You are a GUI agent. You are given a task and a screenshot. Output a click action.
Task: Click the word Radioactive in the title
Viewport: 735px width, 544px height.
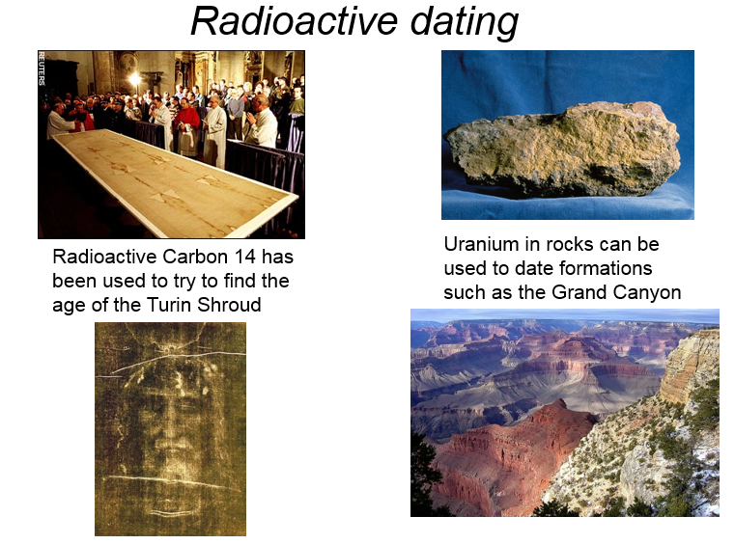[x=295, y=21]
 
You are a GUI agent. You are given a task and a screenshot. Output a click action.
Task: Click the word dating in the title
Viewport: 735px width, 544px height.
[x=464, y=23]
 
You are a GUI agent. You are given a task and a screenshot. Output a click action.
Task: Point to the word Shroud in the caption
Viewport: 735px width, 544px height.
[x=229, y=305]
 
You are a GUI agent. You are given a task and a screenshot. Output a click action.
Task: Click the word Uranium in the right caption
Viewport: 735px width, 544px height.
[x=474, y=244]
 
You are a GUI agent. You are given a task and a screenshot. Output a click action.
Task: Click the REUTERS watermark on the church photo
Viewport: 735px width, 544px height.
[x=42, y=68]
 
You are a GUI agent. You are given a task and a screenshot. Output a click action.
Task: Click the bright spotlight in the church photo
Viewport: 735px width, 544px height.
[x=134, y=79]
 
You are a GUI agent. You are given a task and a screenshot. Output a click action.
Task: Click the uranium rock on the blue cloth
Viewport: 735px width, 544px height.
[x=562, y=150]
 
